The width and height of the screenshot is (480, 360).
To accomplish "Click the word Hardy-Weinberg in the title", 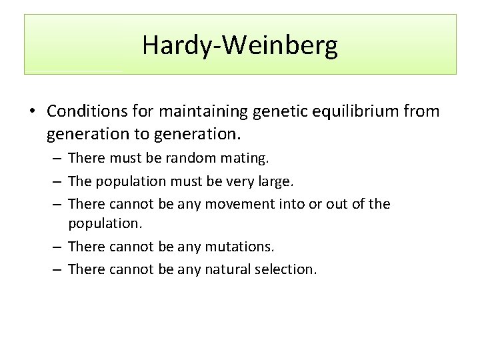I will [x=240, y=45].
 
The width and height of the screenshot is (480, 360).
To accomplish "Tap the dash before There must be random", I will [x=57, y=159].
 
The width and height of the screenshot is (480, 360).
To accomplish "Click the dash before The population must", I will [x=57, y=181].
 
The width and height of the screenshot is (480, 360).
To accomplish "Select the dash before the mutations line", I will [x=57, y=247].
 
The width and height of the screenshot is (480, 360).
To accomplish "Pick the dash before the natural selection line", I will [x=57, y=269].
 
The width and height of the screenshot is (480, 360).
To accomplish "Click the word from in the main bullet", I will [x=423, y=111].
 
